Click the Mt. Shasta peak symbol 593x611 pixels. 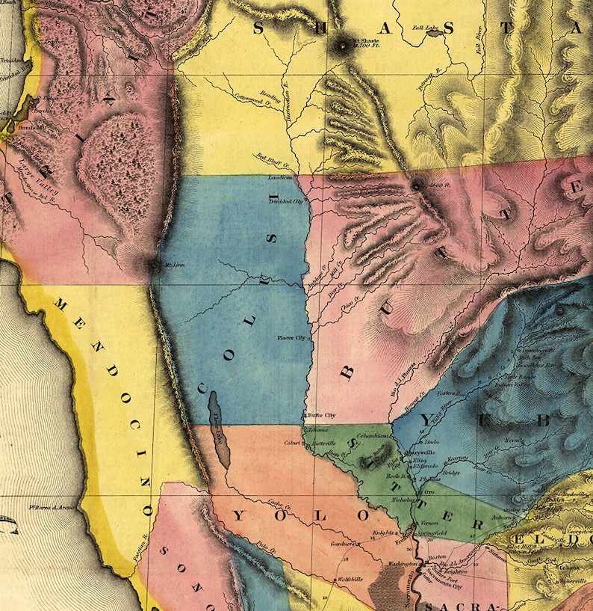click(x=343, y=44)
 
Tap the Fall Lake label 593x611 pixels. click(x=424, y=28)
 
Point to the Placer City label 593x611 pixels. click(x=291, y=337)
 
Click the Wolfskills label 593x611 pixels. click(x=350, y=579)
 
